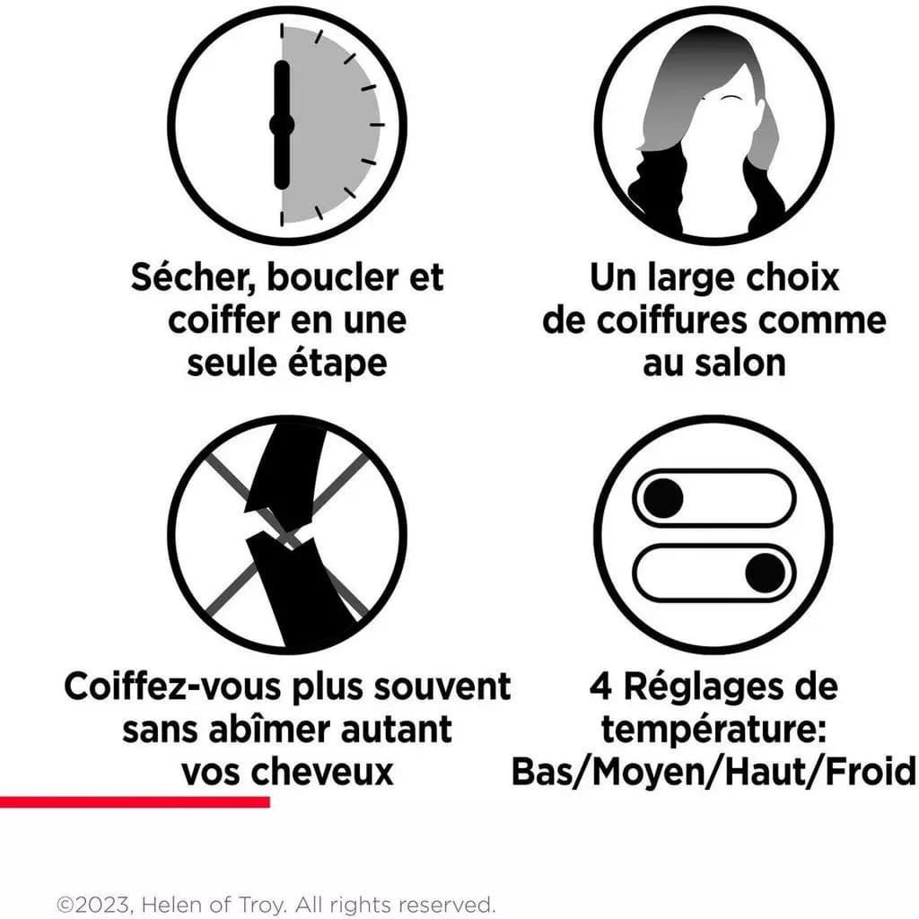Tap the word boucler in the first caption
[x=332, y=277]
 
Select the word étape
[x=337, y=364]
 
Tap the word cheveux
[x=330, y=773]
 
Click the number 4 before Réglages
[x=600, y=687]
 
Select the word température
[x=713, y=731]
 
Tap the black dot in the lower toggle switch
[x=765, y=573]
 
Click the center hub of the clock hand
[x=281, y=125]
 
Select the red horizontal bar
[x=135, y=802]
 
